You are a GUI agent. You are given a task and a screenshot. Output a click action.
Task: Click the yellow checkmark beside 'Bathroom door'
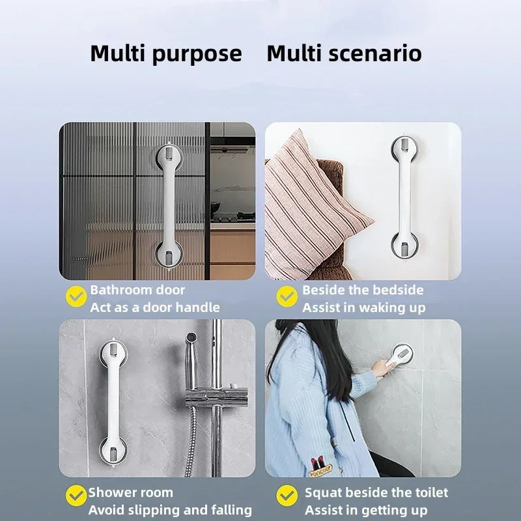click(x=77, y=297)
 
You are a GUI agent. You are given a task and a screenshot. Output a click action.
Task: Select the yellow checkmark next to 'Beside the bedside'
click(x=287, y=297)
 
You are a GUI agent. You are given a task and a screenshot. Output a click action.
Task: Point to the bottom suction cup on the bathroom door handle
click(x=169, y=253)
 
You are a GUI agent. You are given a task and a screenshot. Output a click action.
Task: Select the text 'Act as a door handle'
click(x=155, y=307)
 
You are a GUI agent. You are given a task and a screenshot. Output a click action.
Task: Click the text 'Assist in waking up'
click(x=363, y=307)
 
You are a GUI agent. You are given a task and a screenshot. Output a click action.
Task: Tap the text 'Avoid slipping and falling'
click(x=170, y=510)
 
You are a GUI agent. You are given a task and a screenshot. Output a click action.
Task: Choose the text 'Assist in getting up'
click(x=366, y=510)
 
